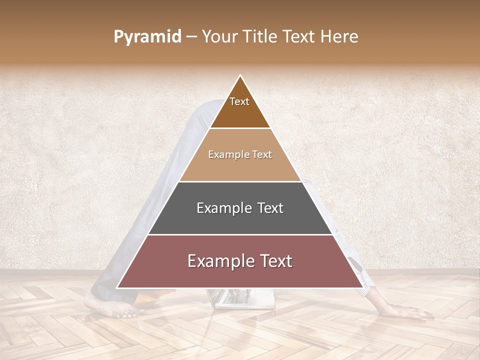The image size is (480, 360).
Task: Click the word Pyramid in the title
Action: (147, 37)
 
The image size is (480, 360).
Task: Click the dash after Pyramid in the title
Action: (191, 37)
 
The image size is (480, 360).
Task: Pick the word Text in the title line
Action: (299, 37)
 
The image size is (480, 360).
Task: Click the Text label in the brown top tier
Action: (239, 101)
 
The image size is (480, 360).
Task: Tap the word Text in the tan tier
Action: (261, 155)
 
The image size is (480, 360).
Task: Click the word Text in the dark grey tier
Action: (270, 208)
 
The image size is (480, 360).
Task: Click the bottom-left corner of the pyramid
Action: (117, 287)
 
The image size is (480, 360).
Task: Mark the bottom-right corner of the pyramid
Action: (362, 287)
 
